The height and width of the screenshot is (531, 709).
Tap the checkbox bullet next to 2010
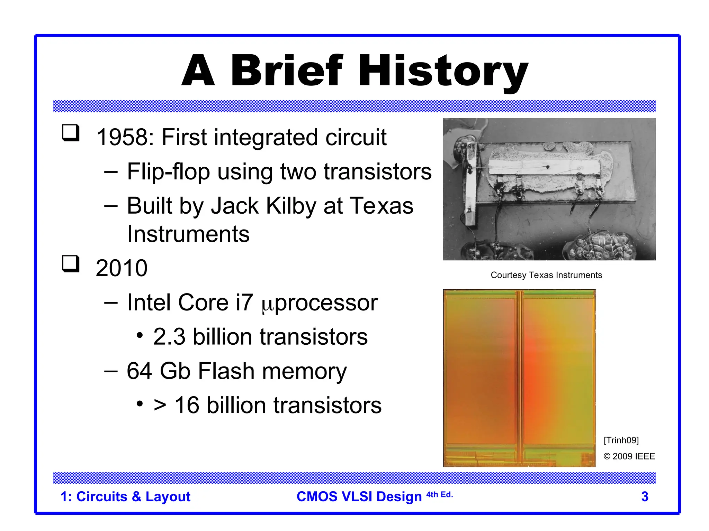pos(71,264)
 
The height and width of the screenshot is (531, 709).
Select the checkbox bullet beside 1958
pos(71,133)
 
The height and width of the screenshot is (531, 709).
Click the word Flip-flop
pos(168,172)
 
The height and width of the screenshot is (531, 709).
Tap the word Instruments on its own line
pos(188,234)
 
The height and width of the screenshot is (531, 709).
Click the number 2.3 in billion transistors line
pos(169,337)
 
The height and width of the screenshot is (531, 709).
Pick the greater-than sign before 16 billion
pos(160,405)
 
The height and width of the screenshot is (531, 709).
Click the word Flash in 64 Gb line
pos(226,371)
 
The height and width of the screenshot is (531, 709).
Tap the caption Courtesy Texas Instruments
pos(546,275)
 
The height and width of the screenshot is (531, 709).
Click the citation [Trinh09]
pos(621,440)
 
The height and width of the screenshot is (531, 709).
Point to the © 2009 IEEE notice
pos(629,456)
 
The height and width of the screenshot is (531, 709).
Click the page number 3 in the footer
pos(644,497)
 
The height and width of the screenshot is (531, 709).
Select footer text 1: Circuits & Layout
pos(125,497)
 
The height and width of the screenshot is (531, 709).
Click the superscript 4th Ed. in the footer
pos(439,495)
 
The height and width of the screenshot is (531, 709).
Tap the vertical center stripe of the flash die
pos(519,377)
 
